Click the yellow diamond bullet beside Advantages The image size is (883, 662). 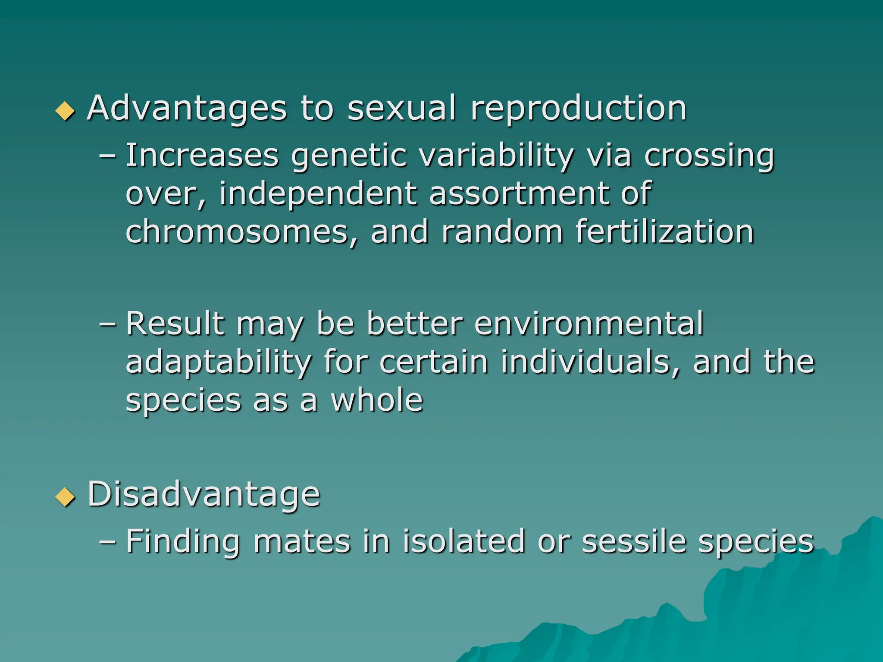pos(66,110)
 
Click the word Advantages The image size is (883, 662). pos(187,109)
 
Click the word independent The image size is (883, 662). pos(318,194)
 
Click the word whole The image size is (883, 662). pos(377,400)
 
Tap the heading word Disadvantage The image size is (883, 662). pos(204,494)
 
